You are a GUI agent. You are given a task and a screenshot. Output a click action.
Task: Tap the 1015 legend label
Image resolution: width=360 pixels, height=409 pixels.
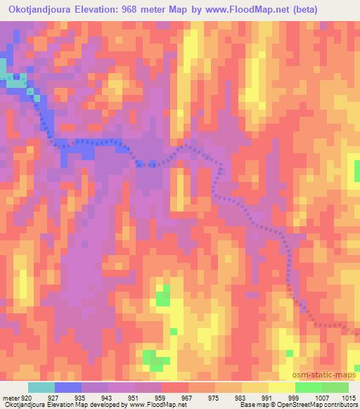(x=349, y=398)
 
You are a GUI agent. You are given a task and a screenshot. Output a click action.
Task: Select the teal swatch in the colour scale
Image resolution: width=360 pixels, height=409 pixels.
(x=41, y=387)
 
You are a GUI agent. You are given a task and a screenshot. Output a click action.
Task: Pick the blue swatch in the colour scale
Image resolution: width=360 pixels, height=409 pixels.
(x=68, y=387)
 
